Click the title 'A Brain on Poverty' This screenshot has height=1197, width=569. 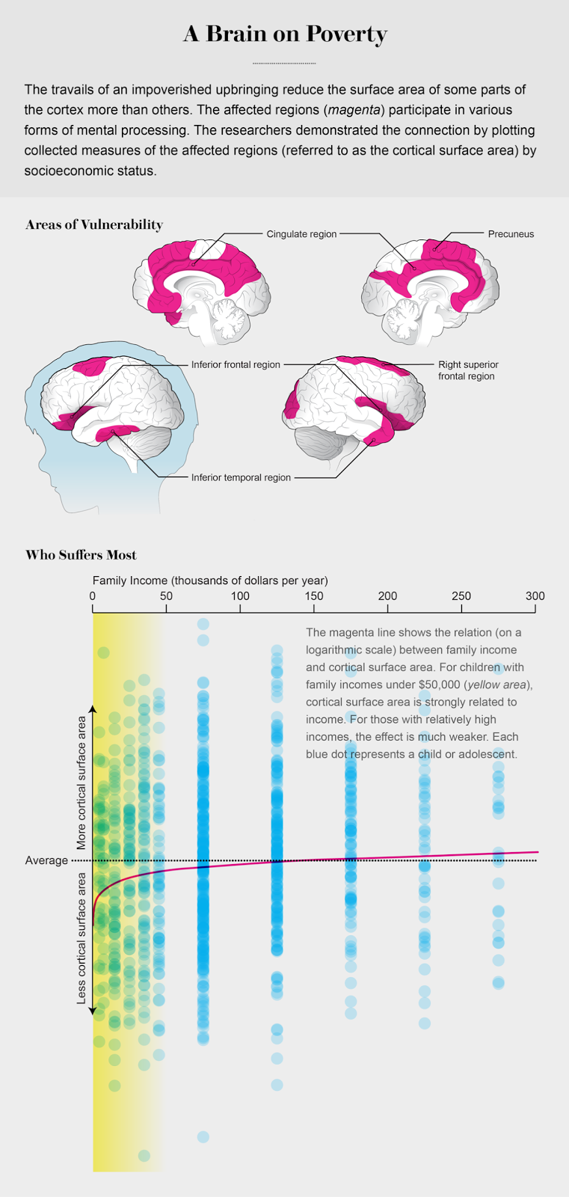point(285,34)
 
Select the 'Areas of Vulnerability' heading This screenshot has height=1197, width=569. point(94,224)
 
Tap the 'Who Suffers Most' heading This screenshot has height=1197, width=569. point(81,555)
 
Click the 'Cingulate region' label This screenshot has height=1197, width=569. point(301,234)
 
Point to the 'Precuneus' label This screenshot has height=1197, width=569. point(511,234)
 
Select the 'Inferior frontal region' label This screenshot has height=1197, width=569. point(236,365)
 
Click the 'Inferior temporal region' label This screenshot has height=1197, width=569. point(241,477)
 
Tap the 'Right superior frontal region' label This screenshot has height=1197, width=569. point(468,370)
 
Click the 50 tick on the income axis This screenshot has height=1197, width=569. point(166,596)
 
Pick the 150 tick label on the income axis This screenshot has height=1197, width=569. point(314,596)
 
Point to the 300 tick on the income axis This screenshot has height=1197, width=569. point(535,596)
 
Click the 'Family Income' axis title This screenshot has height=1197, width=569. point(210,581)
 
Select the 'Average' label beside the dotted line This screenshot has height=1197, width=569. point(46,860)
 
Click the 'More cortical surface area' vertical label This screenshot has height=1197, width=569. point(82,783)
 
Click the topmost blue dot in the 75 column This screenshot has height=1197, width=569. point(203,624)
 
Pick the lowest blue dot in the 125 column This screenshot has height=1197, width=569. point(277,1085)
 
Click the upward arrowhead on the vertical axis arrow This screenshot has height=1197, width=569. point(93,708)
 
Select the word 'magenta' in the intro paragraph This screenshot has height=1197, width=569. point(351,110)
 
